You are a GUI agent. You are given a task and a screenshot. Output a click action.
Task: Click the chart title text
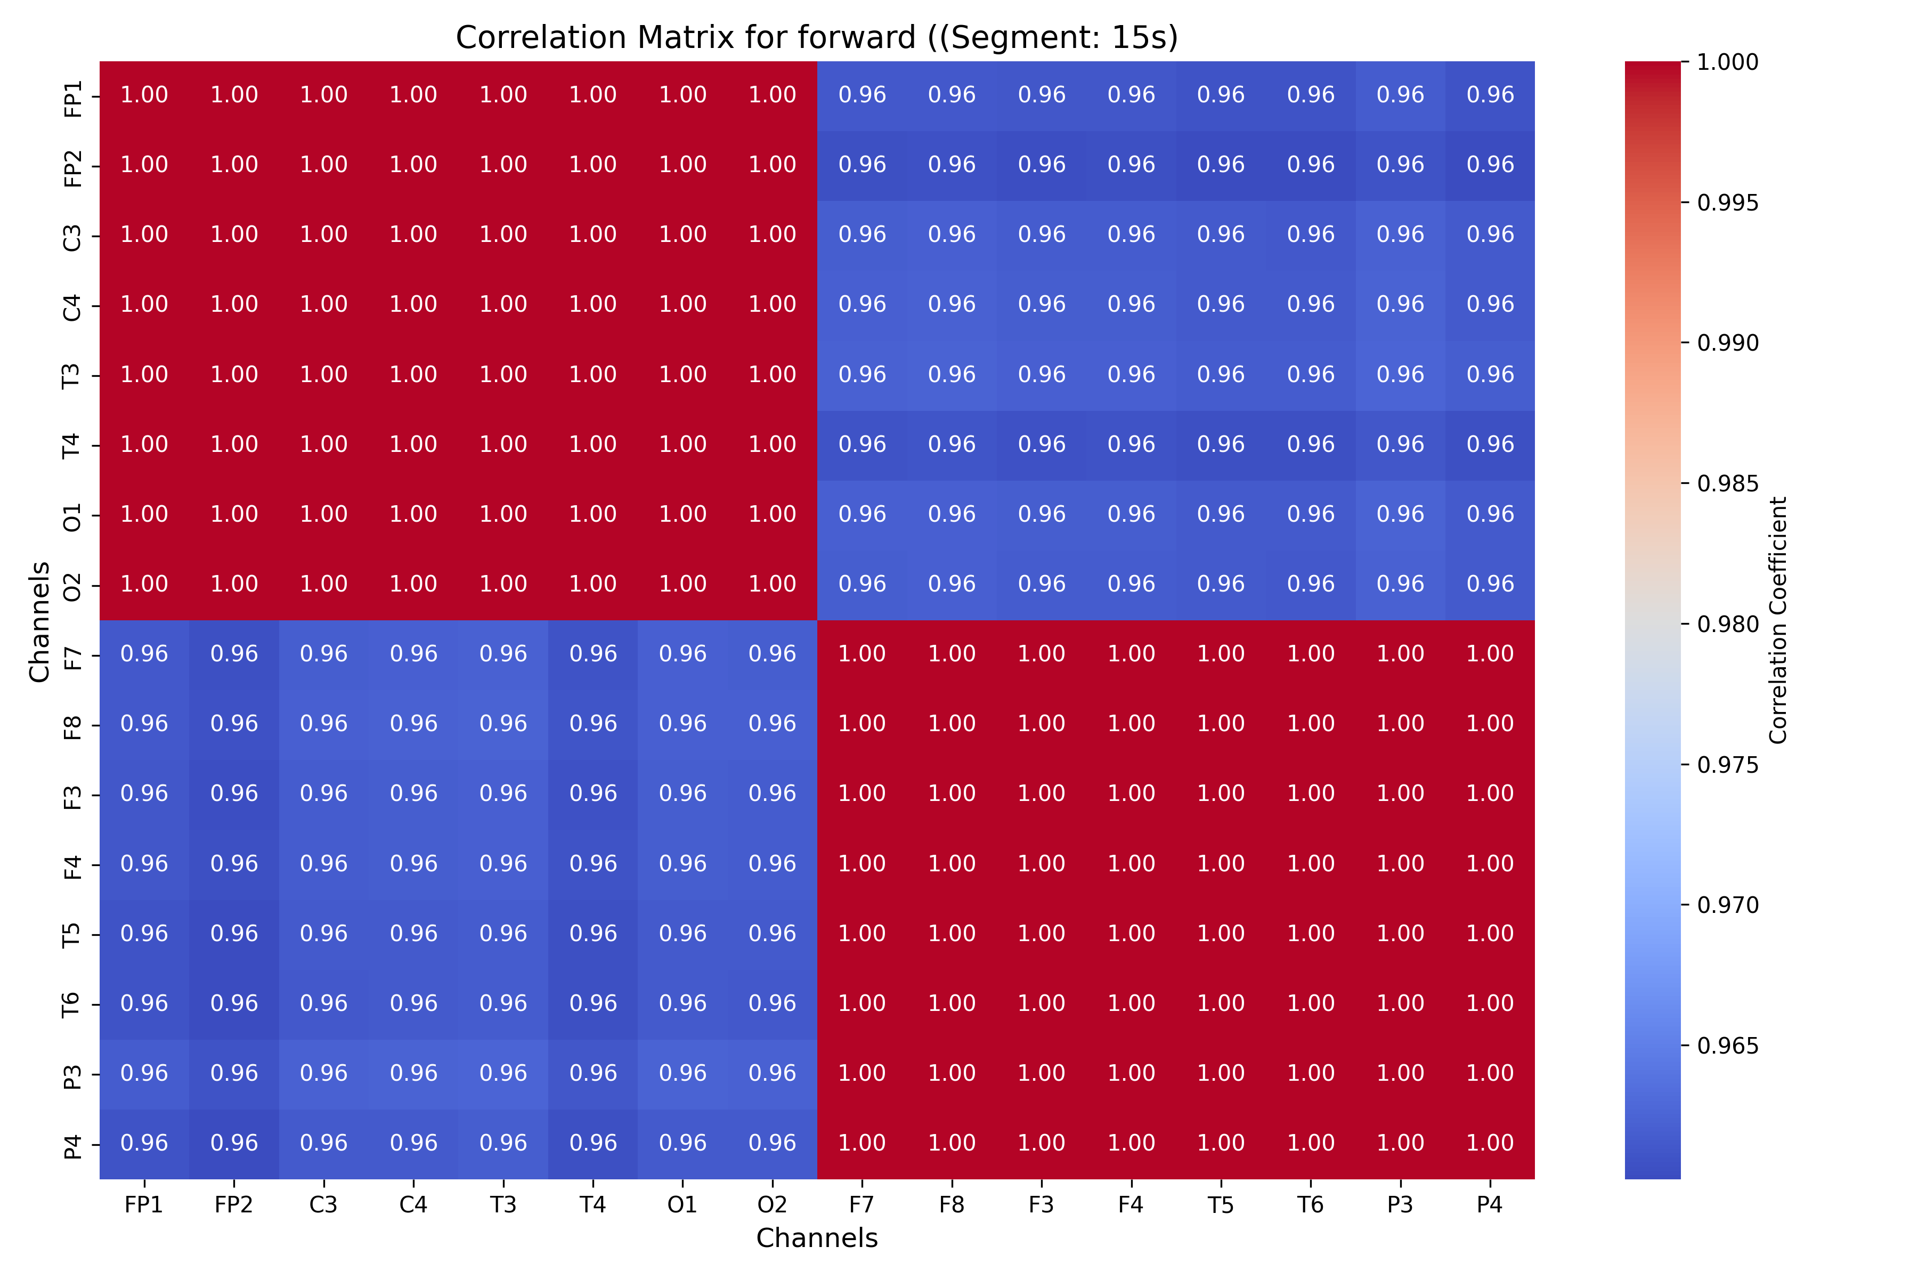click(816, 37)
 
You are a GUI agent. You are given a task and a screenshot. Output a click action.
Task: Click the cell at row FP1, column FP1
click(144, 95)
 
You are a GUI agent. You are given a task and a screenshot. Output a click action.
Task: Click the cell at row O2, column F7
click(862, 585)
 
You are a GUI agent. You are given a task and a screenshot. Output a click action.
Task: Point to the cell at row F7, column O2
click(772, 654)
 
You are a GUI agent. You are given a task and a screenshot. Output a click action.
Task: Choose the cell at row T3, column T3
click(503, 375)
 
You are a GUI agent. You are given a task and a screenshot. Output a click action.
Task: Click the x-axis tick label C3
click(324, 1205)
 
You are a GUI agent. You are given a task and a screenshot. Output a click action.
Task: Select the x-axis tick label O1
click(682, 1205)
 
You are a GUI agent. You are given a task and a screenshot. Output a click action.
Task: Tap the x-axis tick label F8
click(952, 1205)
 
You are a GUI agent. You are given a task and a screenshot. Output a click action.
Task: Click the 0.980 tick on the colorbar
click(1727, 625)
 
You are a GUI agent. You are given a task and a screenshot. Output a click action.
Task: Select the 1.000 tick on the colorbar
click(1727, 62)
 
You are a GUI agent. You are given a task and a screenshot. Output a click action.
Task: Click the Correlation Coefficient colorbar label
click(1778, 620)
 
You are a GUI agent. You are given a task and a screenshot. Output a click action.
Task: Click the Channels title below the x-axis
click(816, 1238)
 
